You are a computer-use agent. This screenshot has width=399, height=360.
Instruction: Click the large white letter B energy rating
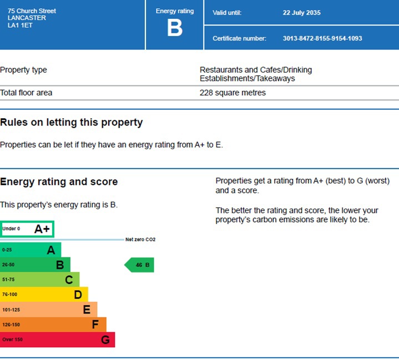175,28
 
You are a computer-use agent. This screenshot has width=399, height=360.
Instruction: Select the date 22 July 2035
301,13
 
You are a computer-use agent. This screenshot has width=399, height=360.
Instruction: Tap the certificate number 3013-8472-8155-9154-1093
322,38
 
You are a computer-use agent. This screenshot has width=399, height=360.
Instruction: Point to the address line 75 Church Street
32,11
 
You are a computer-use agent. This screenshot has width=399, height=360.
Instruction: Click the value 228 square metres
233,93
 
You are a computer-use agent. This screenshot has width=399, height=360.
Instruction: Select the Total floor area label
26,93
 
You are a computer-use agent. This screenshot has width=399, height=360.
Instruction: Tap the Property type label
23,70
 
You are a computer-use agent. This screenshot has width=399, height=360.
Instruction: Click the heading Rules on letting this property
71,122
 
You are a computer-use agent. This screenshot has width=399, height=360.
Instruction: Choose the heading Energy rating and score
59,181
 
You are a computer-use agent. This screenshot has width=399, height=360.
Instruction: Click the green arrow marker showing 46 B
140,265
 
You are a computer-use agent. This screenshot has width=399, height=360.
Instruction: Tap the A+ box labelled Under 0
27,229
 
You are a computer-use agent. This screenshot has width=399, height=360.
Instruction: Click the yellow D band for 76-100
44,295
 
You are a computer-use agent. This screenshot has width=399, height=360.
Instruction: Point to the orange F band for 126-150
53,324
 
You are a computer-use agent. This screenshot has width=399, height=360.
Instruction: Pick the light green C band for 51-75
39,280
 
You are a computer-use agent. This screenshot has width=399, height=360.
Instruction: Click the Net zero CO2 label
140,240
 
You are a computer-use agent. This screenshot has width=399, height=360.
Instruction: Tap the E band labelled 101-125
48,310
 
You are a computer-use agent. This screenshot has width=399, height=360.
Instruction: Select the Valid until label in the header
228,13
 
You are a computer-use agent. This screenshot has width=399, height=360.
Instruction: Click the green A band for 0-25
31,250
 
